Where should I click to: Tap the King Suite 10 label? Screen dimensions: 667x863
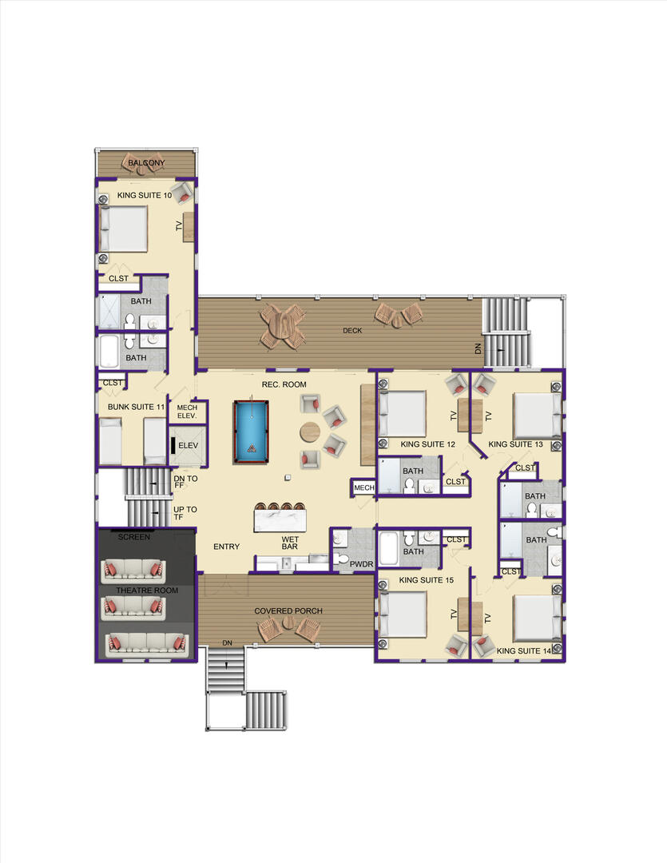[x=145, y=196]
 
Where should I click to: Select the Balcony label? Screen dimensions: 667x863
[x=146, y=163]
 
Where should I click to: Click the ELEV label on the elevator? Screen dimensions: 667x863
[x=189, y=445]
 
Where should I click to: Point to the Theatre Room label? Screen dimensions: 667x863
[x=147, y=590]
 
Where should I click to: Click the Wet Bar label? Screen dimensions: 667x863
[x=290, y=543]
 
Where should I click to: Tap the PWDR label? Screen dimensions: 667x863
[x=362, y=564]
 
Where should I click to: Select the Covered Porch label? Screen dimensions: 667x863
[x=288, y=611]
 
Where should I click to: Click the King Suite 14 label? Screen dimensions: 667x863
[x=524, y=650]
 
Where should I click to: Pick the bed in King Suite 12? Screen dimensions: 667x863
[x=403, y=414]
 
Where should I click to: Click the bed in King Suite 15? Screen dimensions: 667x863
[x=403, y=614]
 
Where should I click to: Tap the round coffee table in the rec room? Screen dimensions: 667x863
[x=311, y=432]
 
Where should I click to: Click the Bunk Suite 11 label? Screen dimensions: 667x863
[x=136, y=407]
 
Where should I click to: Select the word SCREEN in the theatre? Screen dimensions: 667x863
[x=133, y=537]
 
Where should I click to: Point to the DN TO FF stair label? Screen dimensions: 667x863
[x=185, y=482]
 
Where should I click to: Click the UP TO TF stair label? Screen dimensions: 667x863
[x=185, y=513]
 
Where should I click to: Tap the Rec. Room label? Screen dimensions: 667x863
[x=284, y=384]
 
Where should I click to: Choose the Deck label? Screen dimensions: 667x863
[x=352, y=330]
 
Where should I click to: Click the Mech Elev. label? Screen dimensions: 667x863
[x=187, y=412]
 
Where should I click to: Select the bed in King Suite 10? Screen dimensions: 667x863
[x=124, y=229]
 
